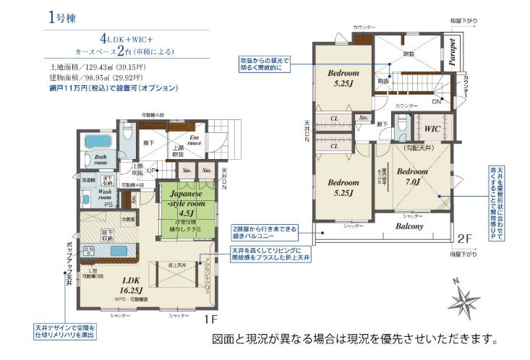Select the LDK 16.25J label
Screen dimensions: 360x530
[130, 283]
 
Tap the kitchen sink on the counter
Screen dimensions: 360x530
[118, 250]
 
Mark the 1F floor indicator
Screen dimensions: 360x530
[210, 319]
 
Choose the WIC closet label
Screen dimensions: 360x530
[434, 129]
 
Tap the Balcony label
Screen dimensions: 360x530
[409, 226]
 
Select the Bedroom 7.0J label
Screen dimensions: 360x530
[413, 176]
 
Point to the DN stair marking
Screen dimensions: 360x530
[436, 102]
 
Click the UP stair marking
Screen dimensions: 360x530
[150, 171]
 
